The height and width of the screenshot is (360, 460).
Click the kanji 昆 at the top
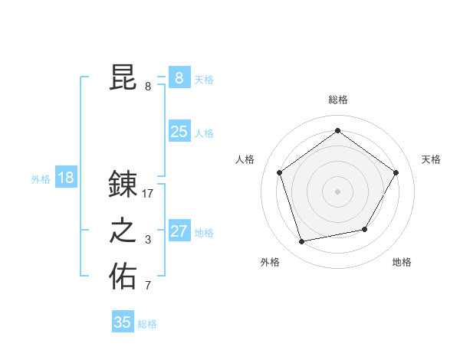pos(123,77)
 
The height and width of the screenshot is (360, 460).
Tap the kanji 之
pos(123,231)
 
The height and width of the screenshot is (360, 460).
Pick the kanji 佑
pos(123,277)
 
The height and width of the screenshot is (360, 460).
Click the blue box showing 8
pos(179,78)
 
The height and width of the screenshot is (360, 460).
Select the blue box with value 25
pos(179,132)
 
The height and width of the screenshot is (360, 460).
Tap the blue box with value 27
pos(179,231)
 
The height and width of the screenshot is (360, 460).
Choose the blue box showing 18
pos(66,178)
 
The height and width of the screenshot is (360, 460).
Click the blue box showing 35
pos(123,322)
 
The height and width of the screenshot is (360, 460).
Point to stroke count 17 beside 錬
pos(148,194)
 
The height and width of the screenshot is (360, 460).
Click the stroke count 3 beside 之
pos(148,240)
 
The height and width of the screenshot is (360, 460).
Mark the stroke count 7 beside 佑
pos(148,286)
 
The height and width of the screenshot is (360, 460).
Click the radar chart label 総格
pos(337,100)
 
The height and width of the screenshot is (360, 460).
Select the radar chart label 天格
pos(431,159)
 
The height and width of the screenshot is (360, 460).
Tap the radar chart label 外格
pos(270,262)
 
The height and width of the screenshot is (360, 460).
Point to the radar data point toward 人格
pos(279,172)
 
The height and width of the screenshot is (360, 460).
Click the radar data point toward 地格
pos(365,229)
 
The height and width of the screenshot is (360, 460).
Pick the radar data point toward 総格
pos(337,131)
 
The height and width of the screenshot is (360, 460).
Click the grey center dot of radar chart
pos(337,191)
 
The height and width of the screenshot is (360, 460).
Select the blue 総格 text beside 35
pos(147,324)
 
